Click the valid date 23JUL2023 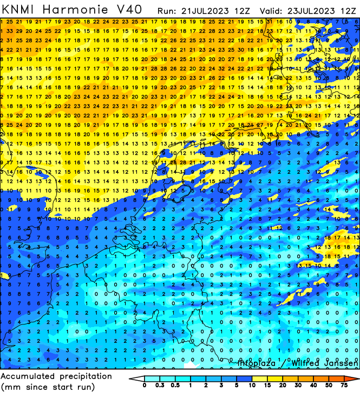[x=306, y=10]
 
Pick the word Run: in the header [x=167, y=10]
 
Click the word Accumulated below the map [x=30, y=376]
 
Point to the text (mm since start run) [x=47, y=387]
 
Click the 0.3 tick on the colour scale [x=160, y=386]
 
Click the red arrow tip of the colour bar [x=355, y=379]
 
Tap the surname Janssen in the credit [x=341, y=363]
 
